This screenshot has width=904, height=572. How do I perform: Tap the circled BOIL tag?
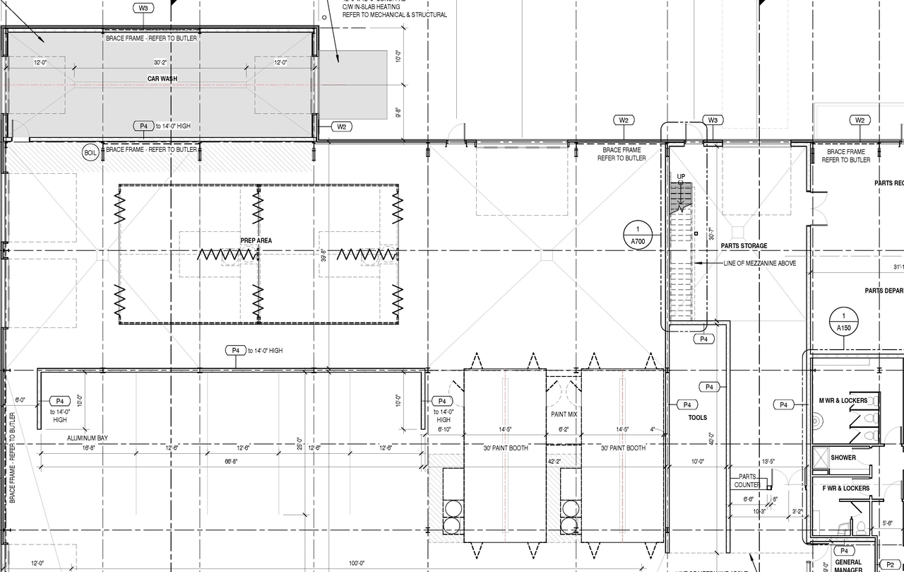[90, 153]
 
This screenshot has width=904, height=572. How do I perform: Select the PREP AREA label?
[256, 241]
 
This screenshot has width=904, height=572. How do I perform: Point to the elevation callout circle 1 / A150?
[843, 322]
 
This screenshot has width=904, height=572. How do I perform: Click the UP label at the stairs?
[681, 175]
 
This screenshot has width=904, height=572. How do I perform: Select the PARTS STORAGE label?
[744, 246]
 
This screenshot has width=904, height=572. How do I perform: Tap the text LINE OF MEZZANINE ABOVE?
[759, 264]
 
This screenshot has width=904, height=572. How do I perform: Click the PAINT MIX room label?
[564, 414]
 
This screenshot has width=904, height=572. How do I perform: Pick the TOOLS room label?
[697, 418]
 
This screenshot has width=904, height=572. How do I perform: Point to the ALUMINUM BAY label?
[87, 439]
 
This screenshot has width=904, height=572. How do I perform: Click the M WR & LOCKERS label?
[843, 401]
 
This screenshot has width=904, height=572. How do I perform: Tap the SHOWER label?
[843, 457]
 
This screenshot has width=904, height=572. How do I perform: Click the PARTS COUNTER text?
[747, 481]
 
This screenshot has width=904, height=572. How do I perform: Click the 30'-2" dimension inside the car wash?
[161, 62]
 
